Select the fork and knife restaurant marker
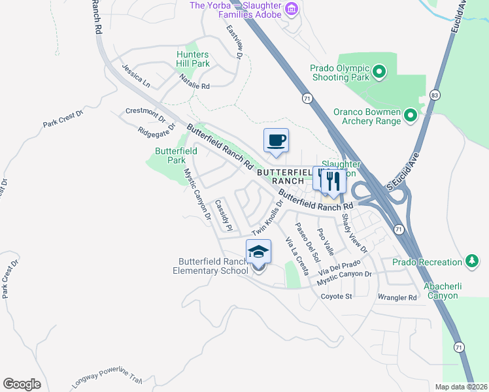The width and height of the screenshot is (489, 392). [333, 180]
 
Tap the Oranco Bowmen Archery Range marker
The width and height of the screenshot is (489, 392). [411, 116]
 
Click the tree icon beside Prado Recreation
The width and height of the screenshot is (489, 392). [471, 262]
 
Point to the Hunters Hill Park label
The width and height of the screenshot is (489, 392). [193, 59]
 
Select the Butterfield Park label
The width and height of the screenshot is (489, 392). [176, 155]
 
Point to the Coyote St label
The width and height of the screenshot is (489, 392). [336, 296]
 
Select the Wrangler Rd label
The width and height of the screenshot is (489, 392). [397, 297]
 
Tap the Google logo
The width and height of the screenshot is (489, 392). [22, 384]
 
